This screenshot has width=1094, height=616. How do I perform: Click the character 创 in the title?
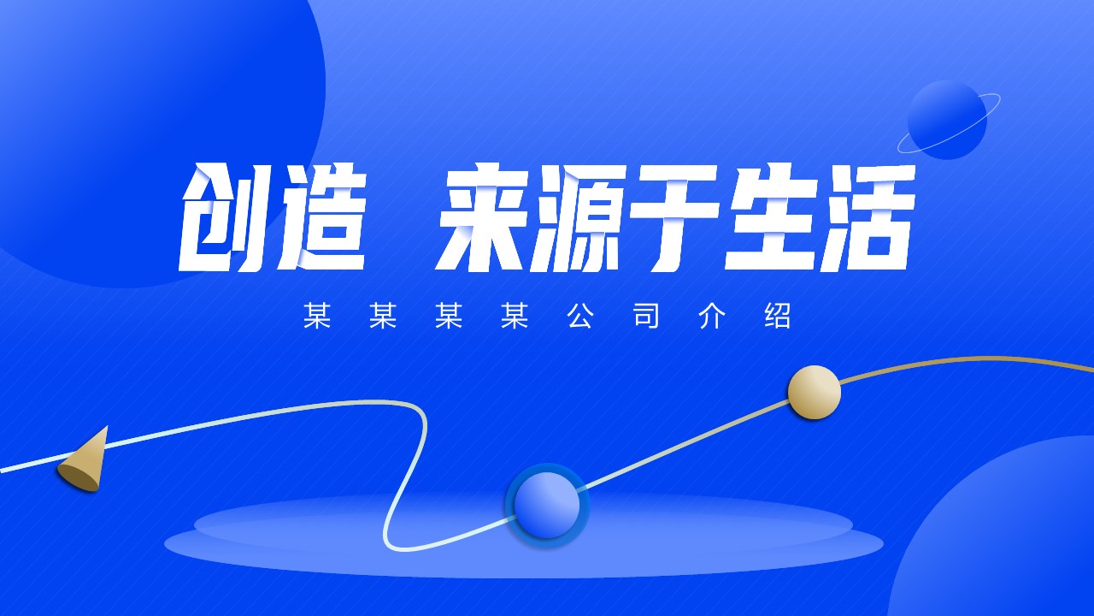coord(223,217)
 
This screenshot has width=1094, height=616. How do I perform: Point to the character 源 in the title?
coord(577,217)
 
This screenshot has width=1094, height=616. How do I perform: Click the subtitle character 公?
coord(580,316)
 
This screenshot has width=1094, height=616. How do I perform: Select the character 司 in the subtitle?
coord(646,316)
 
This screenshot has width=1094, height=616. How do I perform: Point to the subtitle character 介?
coord(712,316)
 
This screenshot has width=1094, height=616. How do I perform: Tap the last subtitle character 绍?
coord(778,316)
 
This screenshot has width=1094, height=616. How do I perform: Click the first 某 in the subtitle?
coord(317,316)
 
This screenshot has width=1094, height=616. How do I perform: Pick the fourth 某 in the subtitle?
coord(515,316)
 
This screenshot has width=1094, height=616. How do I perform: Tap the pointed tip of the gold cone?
coord(107,427)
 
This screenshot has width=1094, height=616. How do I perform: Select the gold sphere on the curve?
coord(815,392)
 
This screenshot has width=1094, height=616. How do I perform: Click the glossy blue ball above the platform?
coord(547,505)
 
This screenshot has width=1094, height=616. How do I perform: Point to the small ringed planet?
coord(948,120)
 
